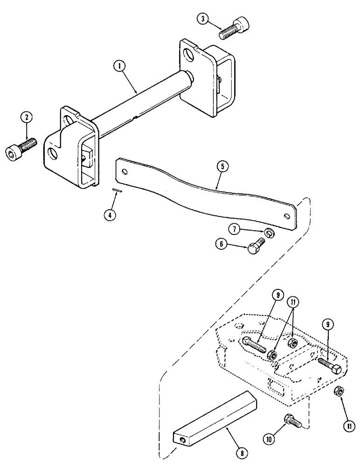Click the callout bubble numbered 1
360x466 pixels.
pyautogui.click(x=120, y=67)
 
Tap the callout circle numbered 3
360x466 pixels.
pyautogui.click(x=202, y=19)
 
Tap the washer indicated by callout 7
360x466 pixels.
pyautogui.click(x=270, y=232)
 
